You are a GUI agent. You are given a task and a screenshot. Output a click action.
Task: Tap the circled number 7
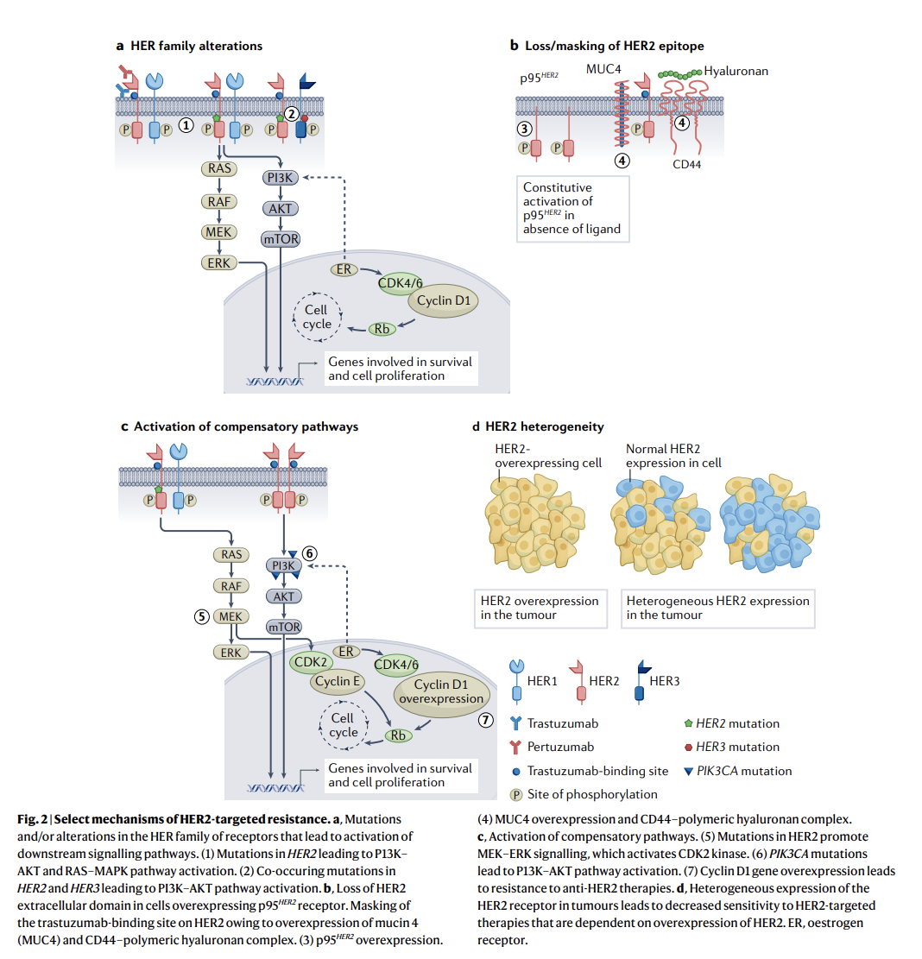click(x=485, y=719)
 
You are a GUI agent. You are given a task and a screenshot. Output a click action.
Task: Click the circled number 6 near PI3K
click(x=311, y=554)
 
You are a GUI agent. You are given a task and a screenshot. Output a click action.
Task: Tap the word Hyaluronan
click(x=736, y=71)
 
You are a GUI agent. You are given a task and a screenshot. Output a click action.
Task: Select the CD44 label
click(x=685, y=164)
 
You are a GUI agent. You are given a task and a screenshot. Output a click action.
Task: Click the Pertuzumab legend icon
click(x=515, y=747)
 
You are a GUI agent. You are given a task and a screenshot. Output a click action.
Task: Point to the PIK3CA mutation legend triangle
click(x=688, y=771)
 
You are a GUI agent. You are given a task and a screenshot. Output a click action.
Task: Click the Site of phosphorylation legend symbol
click(x=515, y=794)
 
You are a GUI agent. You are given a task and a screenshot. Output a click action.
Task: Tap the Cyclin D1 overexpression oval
click(x=439, y=691)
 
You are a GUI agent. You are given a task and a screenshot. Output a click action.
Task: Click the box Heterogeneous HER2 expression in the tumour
click(x=717, y=608)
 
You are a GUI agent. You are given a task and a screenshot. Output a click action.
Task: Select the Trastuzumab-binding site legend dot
click(x=515, y=771)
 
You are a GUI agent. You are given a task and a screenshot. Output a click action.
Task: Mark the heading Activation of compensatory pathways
click(x=245, y=426)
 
